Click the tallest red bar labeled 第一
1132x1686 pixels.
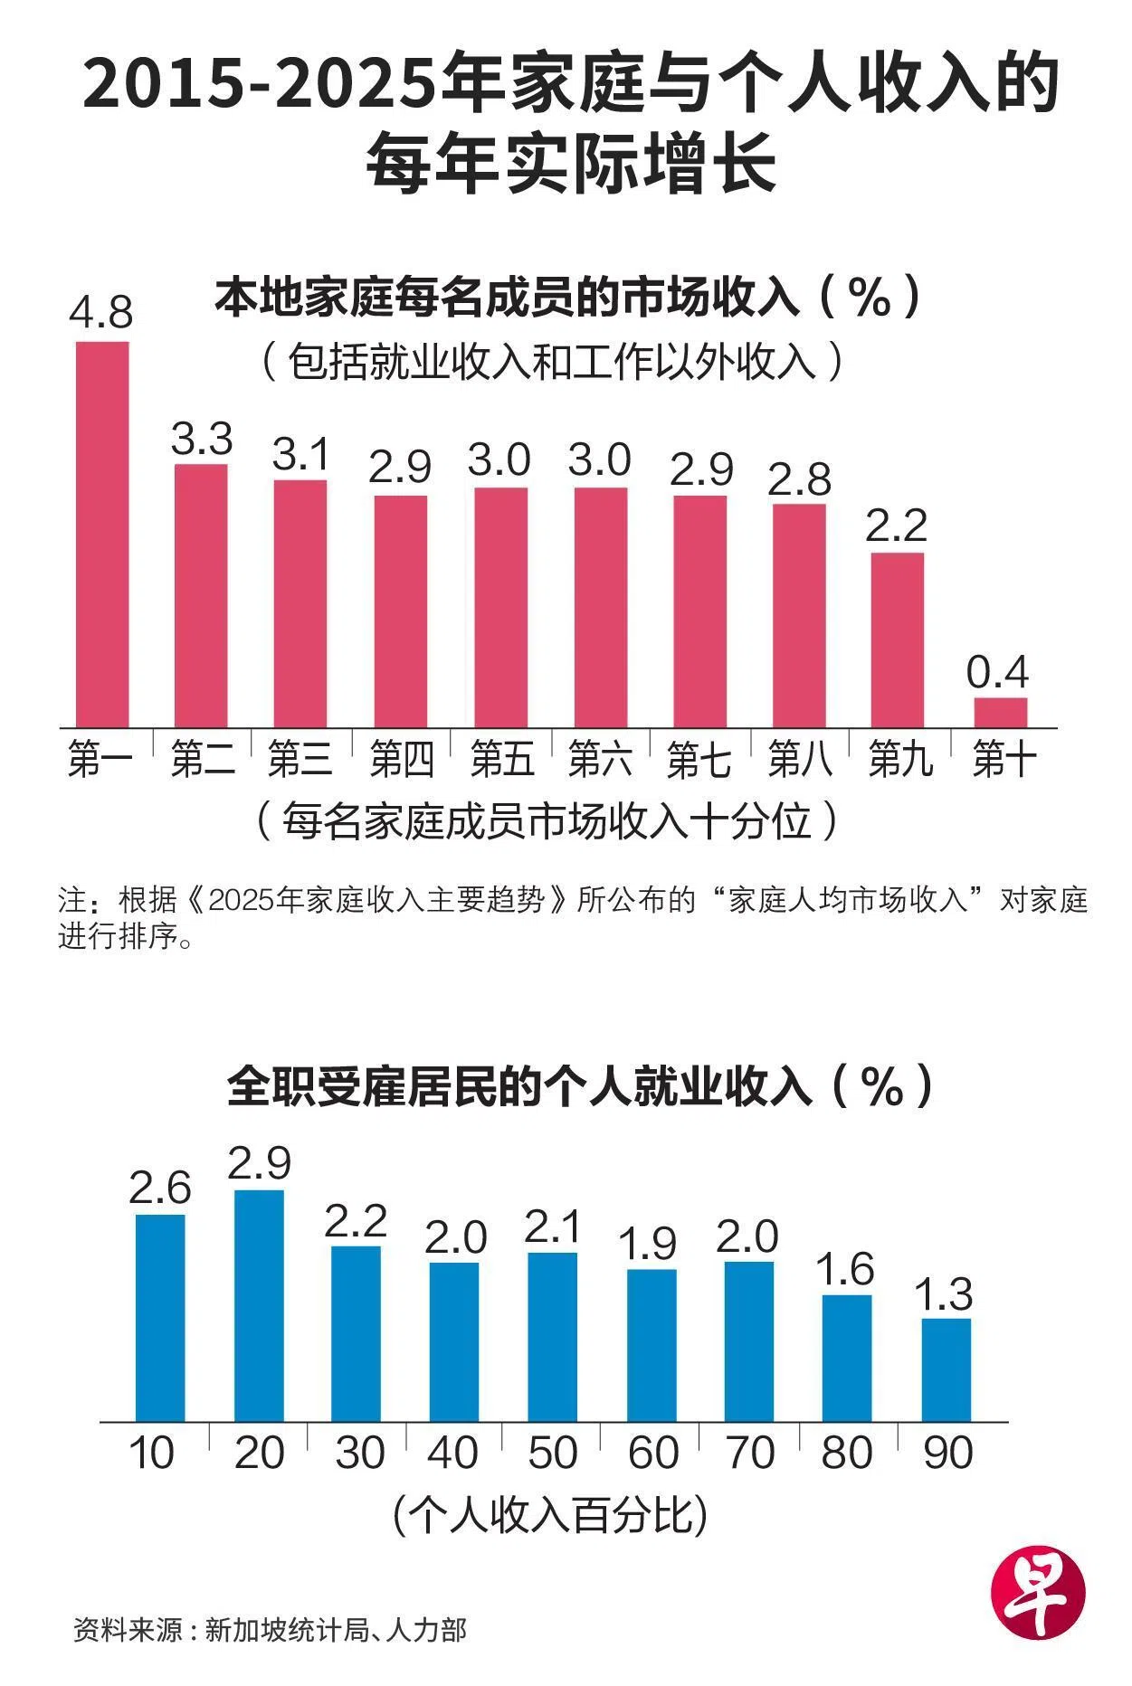101,534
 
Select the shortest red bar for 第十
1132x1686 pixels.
1000,712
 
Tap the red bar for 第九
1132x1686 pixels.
898,639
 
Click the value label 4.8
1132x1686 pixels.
101,312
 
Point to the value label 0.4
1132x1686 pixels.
998,672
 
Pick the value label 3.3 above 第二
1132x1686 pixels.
202,439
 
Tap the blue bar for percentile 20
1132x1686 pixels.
259,1305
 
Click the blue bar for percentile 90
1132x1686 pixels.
947,1369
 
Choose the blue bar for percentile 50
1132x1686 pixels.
552,1337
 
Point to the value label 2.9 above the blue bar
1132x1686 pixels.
259,1163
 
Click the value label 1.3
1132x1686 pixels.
946,1294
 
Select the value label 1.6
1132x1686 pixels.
845,1270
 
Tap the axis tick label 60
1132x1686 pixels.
652,1453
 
